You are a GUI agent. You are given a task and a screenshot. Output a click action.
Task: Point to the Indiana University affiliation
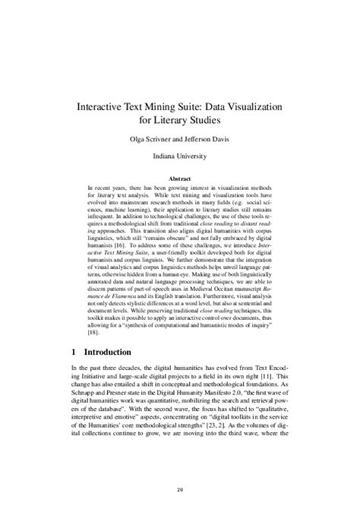179,158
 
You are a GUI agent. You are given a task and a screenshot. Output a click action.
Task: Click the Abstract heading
179,179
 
